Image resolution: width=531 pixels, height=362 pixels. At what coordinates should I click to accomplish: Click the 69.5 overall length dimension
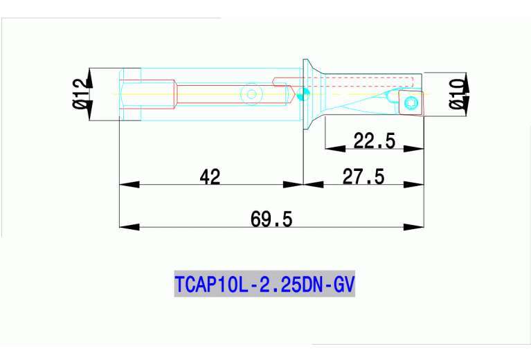click(271, 219)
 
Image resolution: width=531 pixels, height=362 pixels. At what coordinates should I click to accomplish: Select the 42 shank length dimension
click(210, 177)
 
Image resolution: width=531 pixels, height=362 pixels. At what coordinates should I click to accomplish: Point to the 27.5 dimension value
click(363, 177)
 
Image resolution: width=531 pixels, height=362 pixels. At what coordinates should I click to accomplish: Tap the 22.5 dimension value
click(374, 141)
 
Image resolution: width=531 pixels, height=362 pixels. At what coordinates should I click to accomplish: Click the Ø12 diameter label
click(82, 93)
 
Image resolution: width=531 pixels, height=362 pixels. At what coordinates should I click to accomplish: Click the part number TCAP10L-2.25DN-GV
click(264, 284)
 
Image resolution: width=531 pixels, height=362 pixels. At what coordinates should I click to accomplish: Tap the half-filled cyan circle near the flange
click(302, 94)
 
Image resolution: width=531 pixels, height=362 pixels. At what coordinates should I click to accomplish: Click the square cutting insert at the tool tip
click(412, 102)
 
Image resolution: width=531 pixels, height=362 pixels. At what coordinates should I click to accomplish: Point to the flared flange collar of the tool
click(310, 93)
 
